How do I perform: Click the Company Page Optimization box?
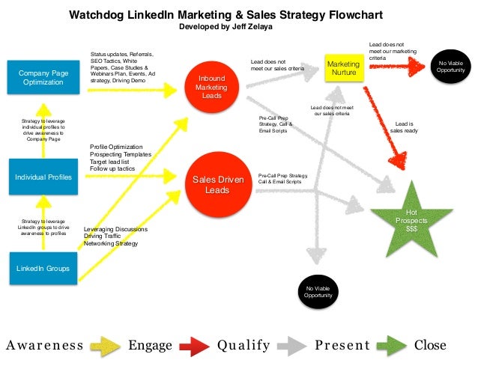click(43, 77)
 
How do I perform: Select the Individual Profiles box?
click(43, 177)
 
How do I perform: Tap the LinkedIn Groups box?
click(43, 268)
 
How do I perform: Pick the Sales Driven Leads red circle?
click(217, 186)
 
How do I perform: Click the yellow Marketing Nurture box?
click(343, 69)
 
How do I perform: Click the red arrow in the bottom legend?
click(193, 345)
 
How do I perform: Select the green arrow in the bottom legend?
click(391, 345)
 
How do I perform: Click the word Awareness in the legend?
click(44, 345)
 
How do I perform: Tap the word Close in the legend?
click(430, 345)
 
